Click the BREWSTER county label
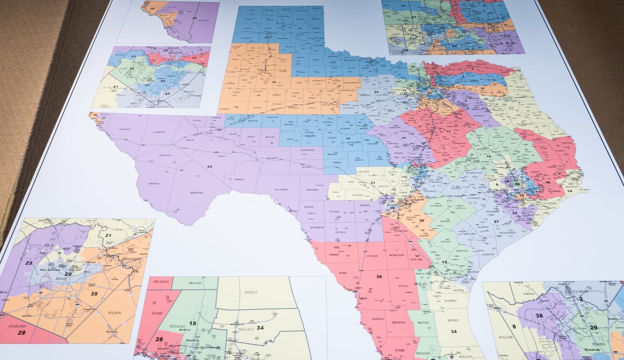pos(196,193)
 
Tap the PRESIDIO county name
pos(154,184)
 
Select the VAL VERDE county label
pos(281,189)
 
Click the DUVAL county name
pos(403,286)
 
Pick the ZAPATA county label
pos(378,319)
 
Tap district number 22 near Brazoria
pos(515,213)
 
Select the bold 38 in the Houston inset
pos(539,315)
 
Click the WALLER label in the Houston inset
pos(505,337)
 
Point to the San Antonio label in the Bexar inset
pos(47,270)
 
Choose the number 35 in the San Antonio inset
pos(94,294)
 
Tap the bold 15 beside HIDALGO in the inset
pos(193,323)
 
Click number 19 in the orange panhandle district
pos(274,82)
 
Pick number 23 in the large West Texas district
pos(209,166)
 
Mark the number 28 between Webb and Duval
pos(379,277)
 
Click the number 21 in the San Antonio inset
pos(108,236)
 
